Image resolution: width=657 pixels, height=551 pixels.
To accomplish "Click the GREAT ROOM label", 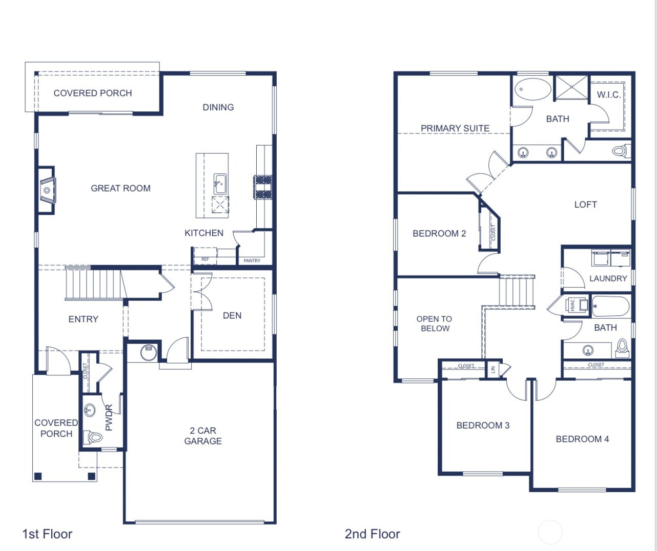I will tap(120, 188).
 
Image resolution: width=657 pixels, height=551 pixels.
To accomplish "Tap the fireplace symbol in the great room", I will tap(47, 190).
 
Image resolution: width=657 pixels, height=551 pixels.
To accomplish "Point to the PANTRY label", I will tap(252, 261).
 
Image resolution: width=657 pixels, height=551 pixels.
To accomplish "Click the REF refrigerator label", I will tap(205, 259).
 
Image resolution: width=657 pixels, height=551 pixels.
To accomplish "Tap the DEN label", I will tap(232, 316).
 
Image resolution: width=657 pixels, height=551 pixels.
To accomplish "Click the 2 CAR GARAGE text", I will tap(203, 436).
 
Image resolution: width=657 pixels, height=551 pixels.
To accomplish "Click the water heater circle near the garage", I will tap(148, 352).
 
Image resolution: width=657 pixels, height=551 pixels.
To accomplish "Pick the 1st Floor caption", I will tap(47, 534).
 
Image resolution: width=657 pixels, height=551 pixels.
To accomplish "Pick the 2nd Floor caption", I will tap(372, 534).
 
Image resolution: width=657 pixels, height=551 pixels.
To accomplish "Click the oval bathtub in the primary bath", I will tap(532, 89).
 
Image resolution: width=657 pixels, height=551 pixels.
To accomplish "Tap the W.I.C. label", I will tap(609, 95).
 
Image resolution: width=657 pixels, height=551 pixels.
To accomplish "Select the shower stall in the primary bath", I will tap(571, 88).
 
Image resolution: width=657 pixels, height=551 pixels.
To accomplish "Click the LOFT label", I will tap(585, 205).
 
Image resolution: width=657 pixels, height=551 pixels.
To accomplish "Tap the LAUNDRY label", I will tap(608, 278).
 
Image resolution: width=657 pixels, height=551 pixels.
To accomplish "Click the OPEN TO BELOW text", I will tap(435, 323).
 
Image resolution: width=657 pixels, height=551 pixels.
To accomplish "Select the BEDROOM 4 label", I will tap(582, 439).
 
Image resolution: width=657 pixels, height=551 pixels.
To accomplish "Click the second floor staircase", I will tap(518, 292).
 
